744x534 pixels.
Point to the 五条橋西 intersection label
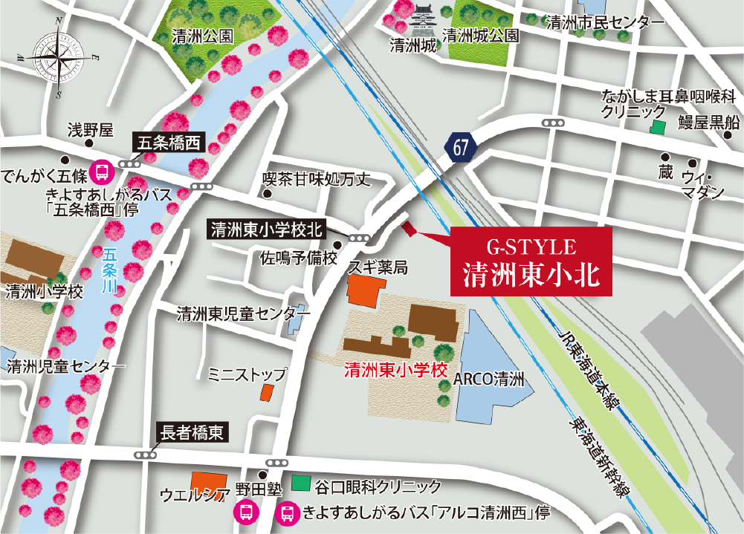pyautogui.click(x=166, y=143)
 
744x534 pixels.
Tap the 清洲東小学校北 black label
pyautogui.click(x=266, y=229)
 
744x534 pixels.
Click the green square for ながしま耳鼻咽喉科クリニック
pyautogui.click(x=657, y=128)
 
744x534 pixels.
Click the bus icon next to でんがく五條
pyautogui.click(x=100, y=173)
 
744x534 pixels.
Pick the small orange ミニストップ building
pyautogui.click(x=267, y=393)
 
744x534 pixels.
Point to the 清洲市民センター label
pyautogui.click(x=604, y=23)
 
